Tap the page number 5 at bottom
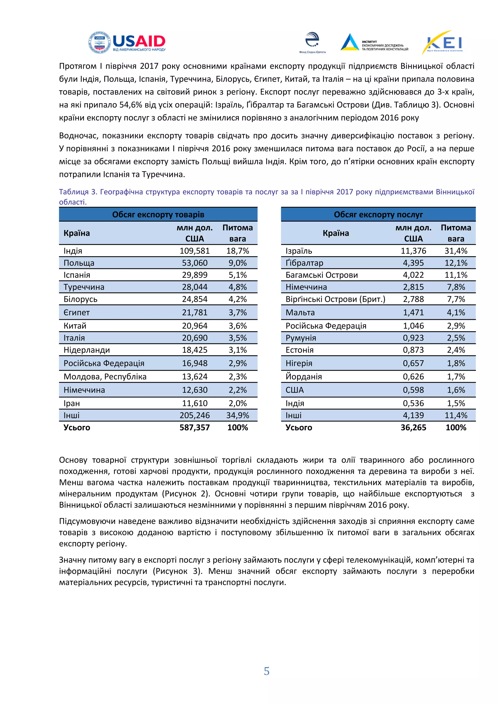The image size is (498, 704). coord(267,671)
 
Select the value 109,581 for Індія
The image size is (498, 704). coord(195,251)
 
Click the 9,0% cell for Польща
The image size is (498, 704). coord(237,263)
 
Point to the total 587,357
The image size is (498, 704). coord(195,427)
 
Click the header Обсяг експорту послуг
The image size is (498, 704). coord(378,215)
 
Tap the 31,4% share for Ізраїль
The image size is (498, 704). coord(456,251)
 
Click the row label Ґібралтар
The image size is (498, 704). coord(304,263)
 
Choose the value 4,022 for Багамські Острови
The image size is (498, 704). coord(413,275)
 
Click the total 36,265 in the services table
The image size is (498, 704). coord(413,427)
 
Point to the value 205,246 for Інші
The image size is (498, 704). coord(195,415)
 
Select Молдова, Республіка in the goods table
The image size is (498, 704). coord(105,377)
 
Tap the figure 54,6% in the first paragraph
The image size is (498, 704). coord(131,105)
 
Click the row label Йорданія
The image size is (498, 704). coord(303,377)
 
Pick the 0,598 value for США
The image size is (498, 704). coord(413,390)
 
